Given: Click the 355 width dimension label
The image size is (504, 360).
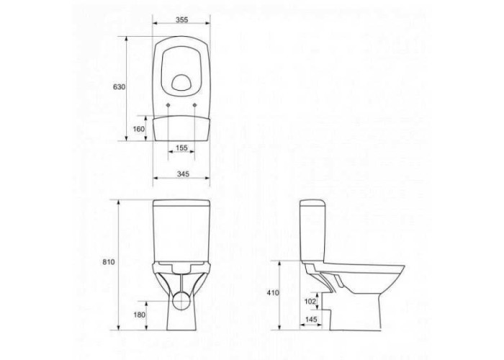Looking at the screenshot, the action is pos(181,20).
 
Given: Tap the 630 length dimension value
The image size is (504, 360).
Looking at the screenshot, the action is pos(120,87).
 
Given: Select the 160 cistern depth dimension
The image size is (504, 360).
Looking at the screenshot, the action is pos(139,129).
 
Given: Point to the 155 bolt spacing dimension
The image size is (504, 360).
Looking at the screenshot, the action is pos(181,148).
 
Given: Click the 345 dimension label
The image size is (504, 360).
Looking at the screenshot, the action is pos(183,174).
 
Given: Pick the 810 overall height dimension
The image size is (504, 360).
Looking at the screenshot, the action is pos(109,262).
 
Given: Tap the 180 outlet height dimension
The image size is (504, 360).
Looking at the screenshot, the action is pos(140,315).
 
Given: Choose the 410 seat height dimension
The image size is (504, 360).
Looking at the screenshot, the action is pos(273,293).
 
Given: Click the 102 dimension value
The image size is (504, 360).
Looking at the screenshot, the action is pos(310,301).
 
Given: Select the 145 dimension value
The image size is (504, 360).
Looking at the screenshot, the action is pos(311,320).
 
